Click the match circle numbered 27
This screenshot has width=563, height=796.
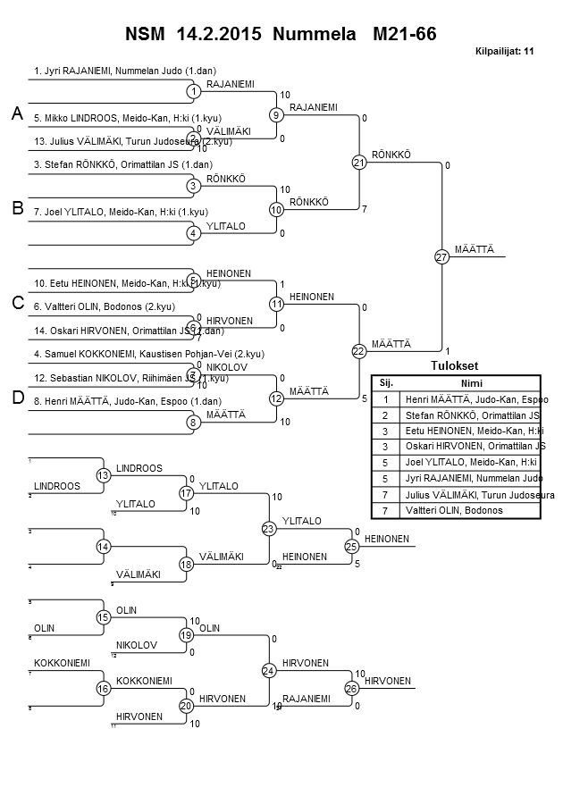click(441, 257)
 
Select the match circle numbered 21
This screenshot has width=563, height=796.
click(358, 163)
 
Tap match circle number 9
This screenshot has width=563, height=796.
click(276, 115)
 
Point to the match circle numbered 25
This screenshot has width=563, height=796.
click(351, 546)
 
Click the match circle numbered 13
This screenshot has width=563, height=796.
click(103, 475)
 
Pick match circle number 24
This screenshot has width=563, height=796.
click(268, 670)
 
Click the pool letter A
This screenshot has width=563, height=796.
click(17, 114)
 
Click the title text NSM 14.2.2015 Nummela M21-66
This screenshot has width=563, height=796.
click(281, 34)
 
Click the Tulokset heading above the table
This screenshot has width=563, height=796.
click(455, 366)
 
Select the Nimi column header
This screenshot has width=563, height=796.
click(470, 382)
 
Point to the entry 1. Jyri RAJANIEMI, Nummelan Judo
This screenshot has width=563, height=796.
click(125, 70)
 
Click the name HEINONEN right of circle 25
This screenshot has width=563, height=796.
click(387, 539)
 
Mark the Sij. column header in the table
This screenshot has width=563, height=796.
click(385, 382)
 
